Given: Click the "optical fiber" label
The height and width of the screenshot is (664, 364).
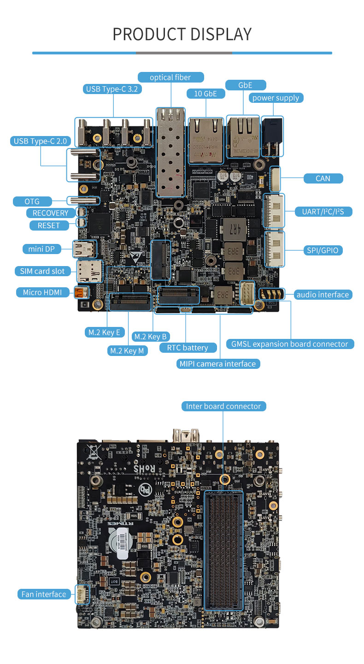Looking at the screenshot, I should pyautogui.click(x=170, y=77).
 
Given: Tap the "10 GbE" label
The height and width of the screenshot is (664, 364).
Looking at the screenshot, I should pyautogui.click(x=205, y=94).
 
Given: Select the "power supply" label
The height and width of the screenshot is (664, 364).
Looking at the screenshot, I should pyautogui.click(x=276, y=98).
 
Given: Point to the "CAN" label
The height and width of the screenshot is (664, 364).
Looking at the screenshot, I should pyautogui.click(x=323, y=178).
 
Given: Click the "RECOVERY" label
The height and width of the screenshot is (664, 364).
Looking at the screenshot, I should pyautogui.click(x=50, y=213).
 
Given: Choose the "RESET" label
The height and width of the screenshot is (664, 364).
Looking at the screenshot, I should pyautogui.click(x=49, y=225).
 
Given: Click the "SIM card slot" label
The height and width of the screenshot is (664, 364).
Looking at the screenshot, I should pyautogui.click(x=42, y=271).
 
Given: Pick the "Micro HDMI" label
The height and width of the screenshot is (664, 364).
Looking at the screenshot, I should pyautogui.click(x=42, y=292).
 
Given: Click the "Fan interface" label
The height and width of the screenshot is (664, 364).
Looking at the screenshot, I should pyautogui.click(x=44, y=594).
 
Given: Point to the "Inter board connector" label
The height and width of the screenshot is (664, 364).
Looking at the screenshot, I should pyautogui.click(x=223, y=406).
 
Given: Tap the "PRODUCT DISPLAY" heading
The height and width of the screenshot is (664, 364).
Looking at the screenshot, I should pyautogui.click(x=182, y=34).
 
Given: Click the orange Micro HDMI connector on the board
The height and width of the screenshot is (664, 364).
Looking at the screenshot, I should pyautogui.click(x=81, y=292).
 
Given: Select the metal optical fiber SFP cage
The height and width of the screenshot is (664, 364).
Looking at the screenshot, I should pyautogui.click(x=171, y=152).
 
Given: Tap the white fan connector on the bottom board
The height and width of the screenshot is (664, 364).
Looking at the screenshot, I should pyautogui.click(x=82, y=594).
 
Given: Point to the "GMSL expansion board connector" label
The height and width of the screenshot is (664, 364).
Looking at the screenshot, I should pyautogui.click(x=290, y=344).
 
